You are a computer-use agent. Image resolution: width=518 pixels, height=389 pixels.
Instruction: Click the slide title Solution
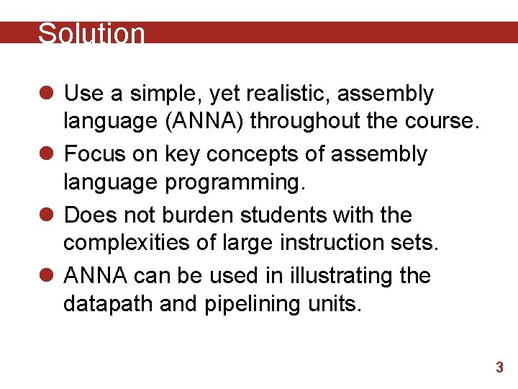click(91, 34)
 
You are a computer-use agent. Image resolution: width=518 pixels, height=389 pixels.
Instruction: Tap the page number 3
click(499, 368)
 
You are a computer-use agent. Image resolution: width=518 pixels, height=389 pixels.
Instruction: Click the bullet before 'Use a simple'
click(47, 94)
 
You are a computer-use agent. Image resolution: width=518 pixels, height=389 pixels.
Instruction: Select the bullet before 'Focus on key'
click(47, 154)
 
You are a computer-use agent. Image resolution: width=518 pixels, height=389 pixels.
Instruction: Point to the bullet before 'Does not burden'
click(47, 215)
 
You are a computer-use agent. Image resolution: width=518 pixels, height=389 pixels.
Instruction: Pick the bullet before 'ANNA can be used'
click(47, 275)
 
